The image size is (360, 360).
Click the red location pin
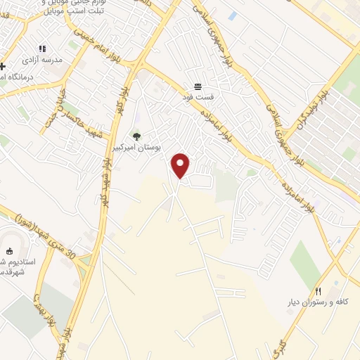click(181, 165)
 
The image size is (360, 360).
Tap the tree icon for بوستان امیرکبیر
click(136, 136)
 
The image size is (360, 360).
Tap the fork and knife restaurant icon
click(318, 290)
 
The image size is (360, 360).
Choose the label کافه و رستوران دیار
click(320, 302)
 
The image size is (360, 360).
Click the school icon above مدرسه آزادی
click(42, 49)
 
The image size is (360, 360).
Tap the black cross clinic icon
click(2, 66)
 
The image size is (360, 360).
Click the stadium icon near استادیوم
click(9, 251)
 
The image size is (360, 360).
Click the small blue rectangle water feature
click(233, 15)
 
